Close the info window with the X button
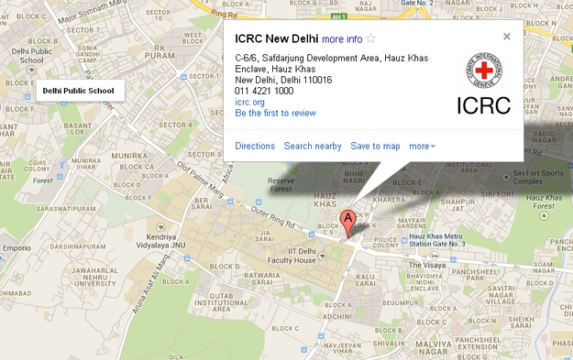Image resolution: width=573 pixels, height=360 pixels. click(x=507, y=37)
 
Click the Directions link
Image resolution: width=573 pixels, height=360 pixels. click(x=255, y=146)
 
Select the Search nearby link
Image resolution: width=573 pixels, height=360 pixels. click(x=313, y=146)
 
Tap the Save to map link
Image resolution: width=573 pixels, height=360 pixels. click(x=375, y=146)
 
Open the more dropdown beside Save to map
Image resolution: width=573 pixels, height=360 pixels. click(x=423, y=146)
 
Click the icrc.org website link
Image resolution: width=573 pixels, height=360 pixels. click(x=249, y=102)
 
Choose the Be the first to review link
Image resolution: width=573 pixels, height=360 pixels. click(x=275, y=114)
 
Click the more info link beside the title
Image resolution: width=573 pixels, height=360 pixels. click(x=342, y=38)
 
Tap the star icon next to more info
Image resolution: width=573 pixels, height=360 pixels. click(x=371, y=38)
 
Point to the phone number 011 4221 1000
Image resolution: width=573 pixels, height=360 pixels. click(x=264, y=91)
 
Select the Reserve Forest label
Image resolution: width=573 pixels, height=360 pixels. click(x=281, y=184)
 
